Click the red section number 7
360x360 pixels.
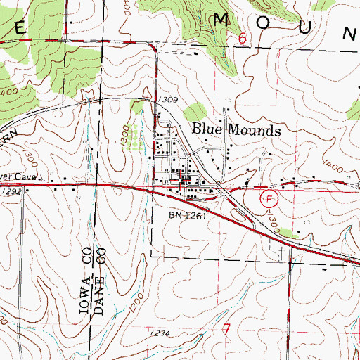pyautogui.click(x=226, y=329)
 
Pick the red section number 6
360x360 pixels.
pyautogui.click(x=242, y=41)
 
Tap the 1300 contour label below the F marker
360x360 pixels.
pyautogui.click(x=274, y=226)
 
